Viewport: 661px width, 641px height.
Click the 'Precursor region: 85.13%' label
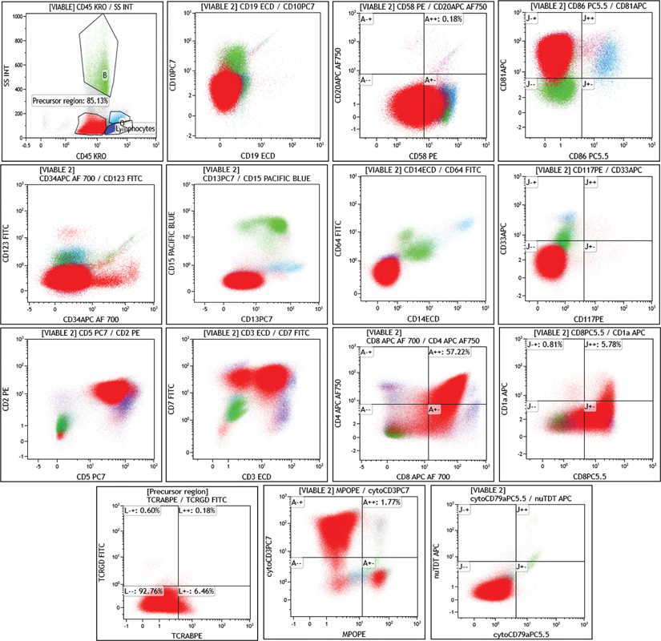coord(71,102)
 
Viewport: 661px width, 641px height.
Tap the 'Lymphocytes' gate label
coord(135,128)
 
